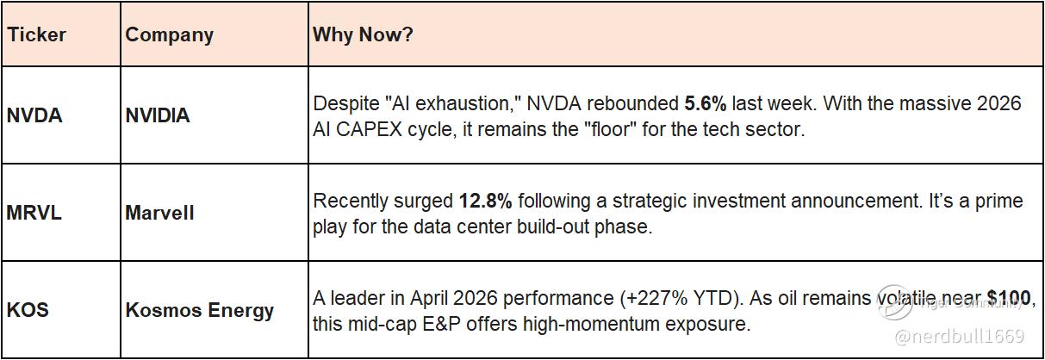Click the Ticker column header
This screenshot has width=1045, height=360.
click(x=36, y=34)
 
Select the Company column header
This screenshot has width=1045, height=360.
click(x=170, y=35)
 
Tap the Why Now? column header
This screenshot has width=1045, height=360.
click(x=363, y=34)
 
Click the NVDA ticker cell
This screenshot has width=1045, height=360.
click(x=34, y=115)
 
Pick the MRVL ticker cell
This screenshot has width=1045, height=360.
click(x=34, y=213)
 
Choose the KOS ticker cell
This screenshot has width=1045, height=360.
click(x=28, y=310)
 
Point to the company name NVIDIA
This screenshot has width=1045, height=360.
click(x=158, y=115)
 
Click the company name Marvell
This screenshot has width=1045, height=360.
click(x=159, y=213)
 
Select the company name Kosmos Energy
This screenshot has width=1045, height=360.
click(x=200, y=311)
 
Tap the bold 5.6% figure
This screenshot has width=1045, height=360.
click(x=706, y=103)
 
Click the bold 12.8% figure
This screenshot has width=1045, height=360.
click(x=486, y=201)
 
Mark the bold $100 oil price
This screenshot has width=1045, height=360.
click(x=1009, y=298)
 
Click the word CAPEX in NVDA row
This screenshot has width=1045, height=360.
click(x=369, y=129)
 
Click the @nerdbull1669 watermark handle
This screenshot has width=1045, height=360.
click(x=959, y=336)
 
